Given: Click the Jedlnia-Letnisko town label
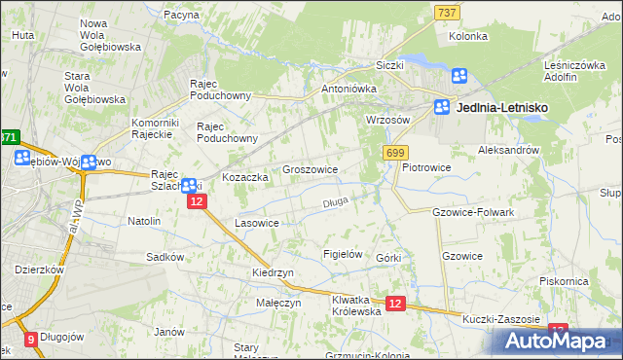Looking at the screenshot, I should (x=501, y=110).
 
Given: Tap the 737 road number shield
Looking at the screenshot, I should (x=447, y=12).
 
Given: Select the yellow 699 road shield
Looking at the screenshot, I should (x=395, y=153).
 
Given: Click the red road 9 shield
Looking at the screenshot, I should (x=32, y=340).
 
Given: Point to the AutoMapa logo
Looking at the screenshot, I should (x=556, y=342).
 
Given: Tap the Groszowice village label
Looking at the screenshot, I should (x=310, y=169).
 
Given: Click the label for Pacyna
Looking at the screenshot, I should (x=181, y=16).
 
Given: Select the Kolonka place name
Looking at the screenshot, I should (x=467, y=36).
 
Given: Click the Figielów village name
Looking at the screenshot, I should (x=343, y=254).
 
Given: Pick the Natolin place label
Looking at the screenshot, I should (x=144, y=221).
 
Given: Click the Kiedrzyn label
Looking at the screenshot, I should (x=273, y=273).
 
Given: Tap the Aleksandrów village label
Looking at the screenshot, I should (x=508, y=151).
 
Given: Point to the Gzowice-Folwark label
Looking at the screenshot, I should (x=472, y=211).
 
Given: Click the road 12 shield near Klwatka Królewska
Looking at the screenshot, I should (x=395, y=305).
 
